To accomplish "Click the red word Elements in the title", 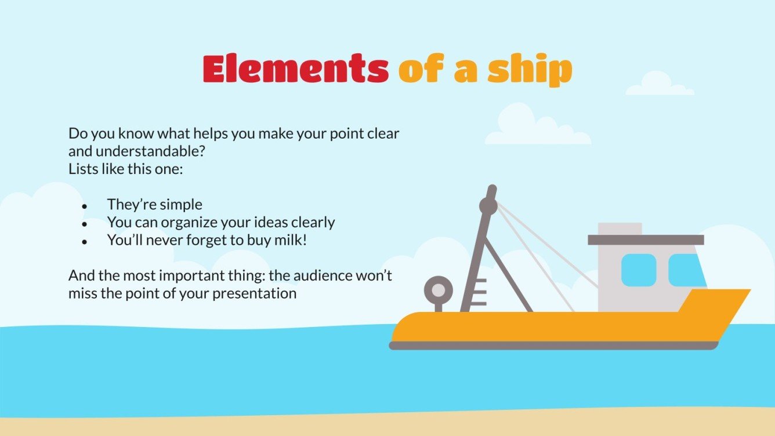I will (x=295, y=70).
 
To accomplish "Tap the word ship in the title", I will (x=529, y=71).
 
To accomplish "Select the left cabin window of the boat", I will (x=639, y=270).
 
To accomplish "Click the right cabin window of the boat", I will (x=686, y=270).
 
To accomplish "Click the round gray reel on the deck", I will (x=439, y=290).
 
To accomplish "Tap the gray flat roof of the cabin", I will (x=646, y=240).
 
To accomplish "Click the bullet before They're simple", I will (x=85, y=206).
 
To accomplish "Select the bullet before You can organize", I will (x=85, y=223).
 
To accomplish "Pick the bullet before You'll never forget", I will (x=85, y=241).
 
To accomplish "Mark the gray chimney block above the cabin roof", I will (x=620, y=228).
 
